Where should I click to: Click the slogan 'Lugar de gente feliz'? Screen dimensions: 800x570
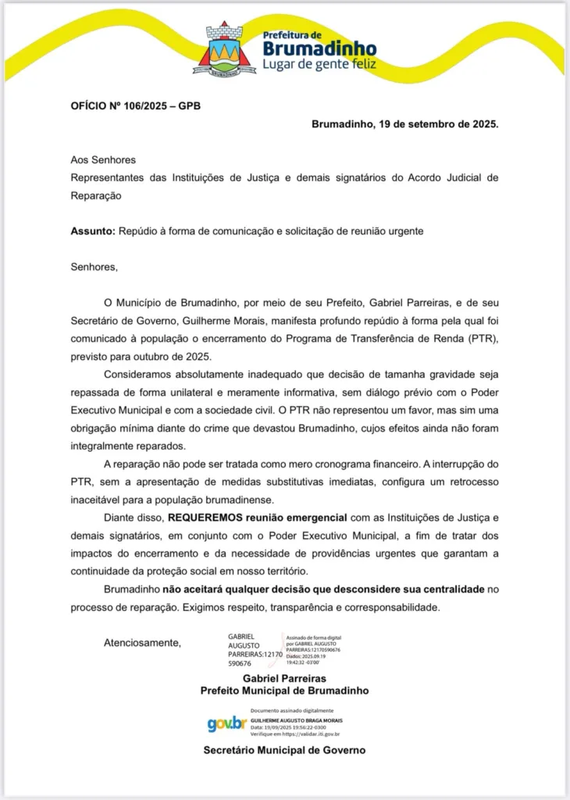coord(319,64)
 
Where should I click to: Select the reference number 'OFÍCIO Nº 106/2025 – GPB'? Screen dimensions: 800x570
coord(135,104)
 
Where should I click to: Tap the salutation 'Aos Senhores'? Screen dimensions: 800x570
coord(103,159)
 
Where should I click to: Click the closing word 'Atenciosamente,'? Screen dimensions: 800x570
coord(141,643)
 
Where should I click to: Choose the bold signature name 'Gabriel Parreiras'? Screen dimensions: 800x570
coord(284,679)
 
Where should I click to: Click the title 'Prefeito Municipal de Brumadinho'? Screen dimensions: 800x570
coord(284,691)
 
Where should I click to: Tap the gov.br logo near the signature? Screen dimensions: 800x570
coord(226,724)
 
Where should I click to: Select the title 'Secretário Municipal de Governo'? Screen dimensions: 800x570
coord(284,750)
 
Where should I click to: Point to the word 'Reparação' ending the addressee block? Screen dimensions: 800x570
coord(96,195)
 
